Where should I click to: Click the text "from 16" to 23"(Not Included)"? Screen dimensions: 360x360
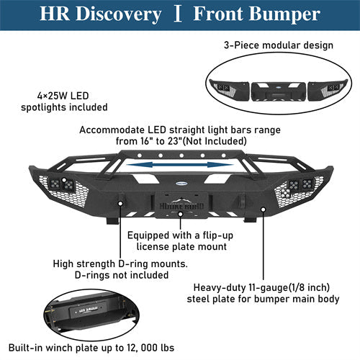point(177,143)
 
